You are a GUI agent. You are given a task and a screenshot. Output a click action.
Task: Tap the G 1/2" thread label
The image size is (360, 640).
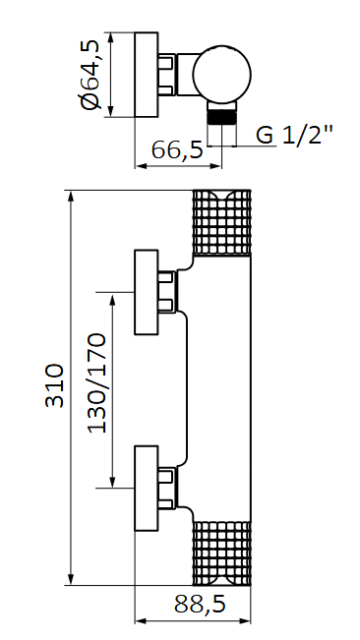pos(295,135)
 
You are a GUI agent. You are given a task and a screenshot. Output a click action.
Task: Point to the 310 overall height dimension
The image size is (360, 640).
pos(56,385)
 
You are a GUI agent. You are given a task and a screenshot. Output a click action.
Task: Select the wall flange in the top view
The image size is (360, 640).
pos(146,76)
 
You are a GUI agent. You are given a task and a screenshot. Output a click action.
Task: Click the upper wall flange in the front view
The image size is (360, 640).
pos(146,292)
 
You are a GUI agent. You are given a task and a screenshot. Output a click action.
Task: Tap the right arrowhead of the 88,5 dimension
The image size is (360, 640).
pos(252,621)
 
